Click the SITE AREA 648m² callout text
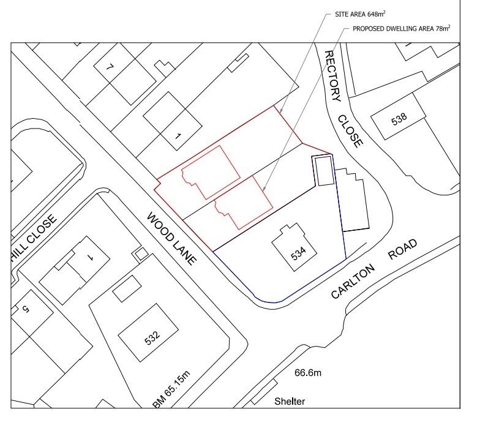359,13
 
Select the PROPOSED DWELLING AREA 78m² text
401,28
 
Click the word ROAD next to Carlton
402,250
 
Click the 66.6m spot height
307,372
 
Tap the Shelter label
290,402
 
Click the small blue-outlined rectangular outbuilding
323,170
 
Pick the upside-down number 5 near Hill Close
26,310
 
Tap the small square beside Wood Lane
141,252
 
